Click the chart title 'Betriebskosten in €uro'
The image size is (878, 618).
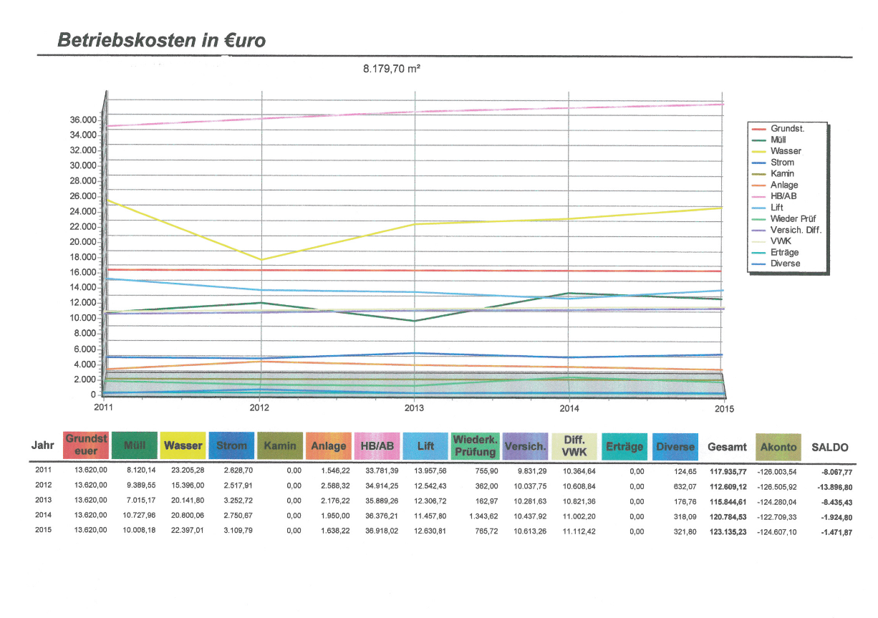coord(161,40)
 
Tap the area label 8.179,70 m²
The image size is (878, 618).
coord(391,69)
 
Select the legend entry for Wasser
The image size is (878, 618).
coord(786,151)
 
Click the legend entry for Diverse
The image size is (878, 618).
coord(785,264)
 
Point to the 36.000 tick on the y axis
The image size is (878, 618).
coord(84,120)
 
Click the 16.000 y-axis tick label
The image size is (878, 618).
coord(84,272)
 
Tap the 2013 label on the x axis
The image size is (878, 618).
coord(414,408)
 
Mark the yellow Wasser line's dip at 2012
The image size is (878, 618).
coord(261,259)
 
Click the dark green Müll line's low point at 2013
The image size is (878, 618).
coord(415,321)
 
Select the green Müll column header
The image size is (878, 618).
coord(135,446)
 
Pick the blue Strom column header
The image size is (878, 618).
coord(231,446)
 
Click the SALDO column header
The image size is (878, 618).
coord(829,448)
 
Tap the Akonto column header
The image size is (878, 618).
coord(778,447)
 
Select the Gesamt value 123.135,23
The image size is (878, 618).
coord(728,532)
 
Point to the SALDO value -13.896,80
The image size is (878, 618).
coord(832,486)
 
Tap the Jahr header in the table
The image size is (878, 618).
coord(43,445)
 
